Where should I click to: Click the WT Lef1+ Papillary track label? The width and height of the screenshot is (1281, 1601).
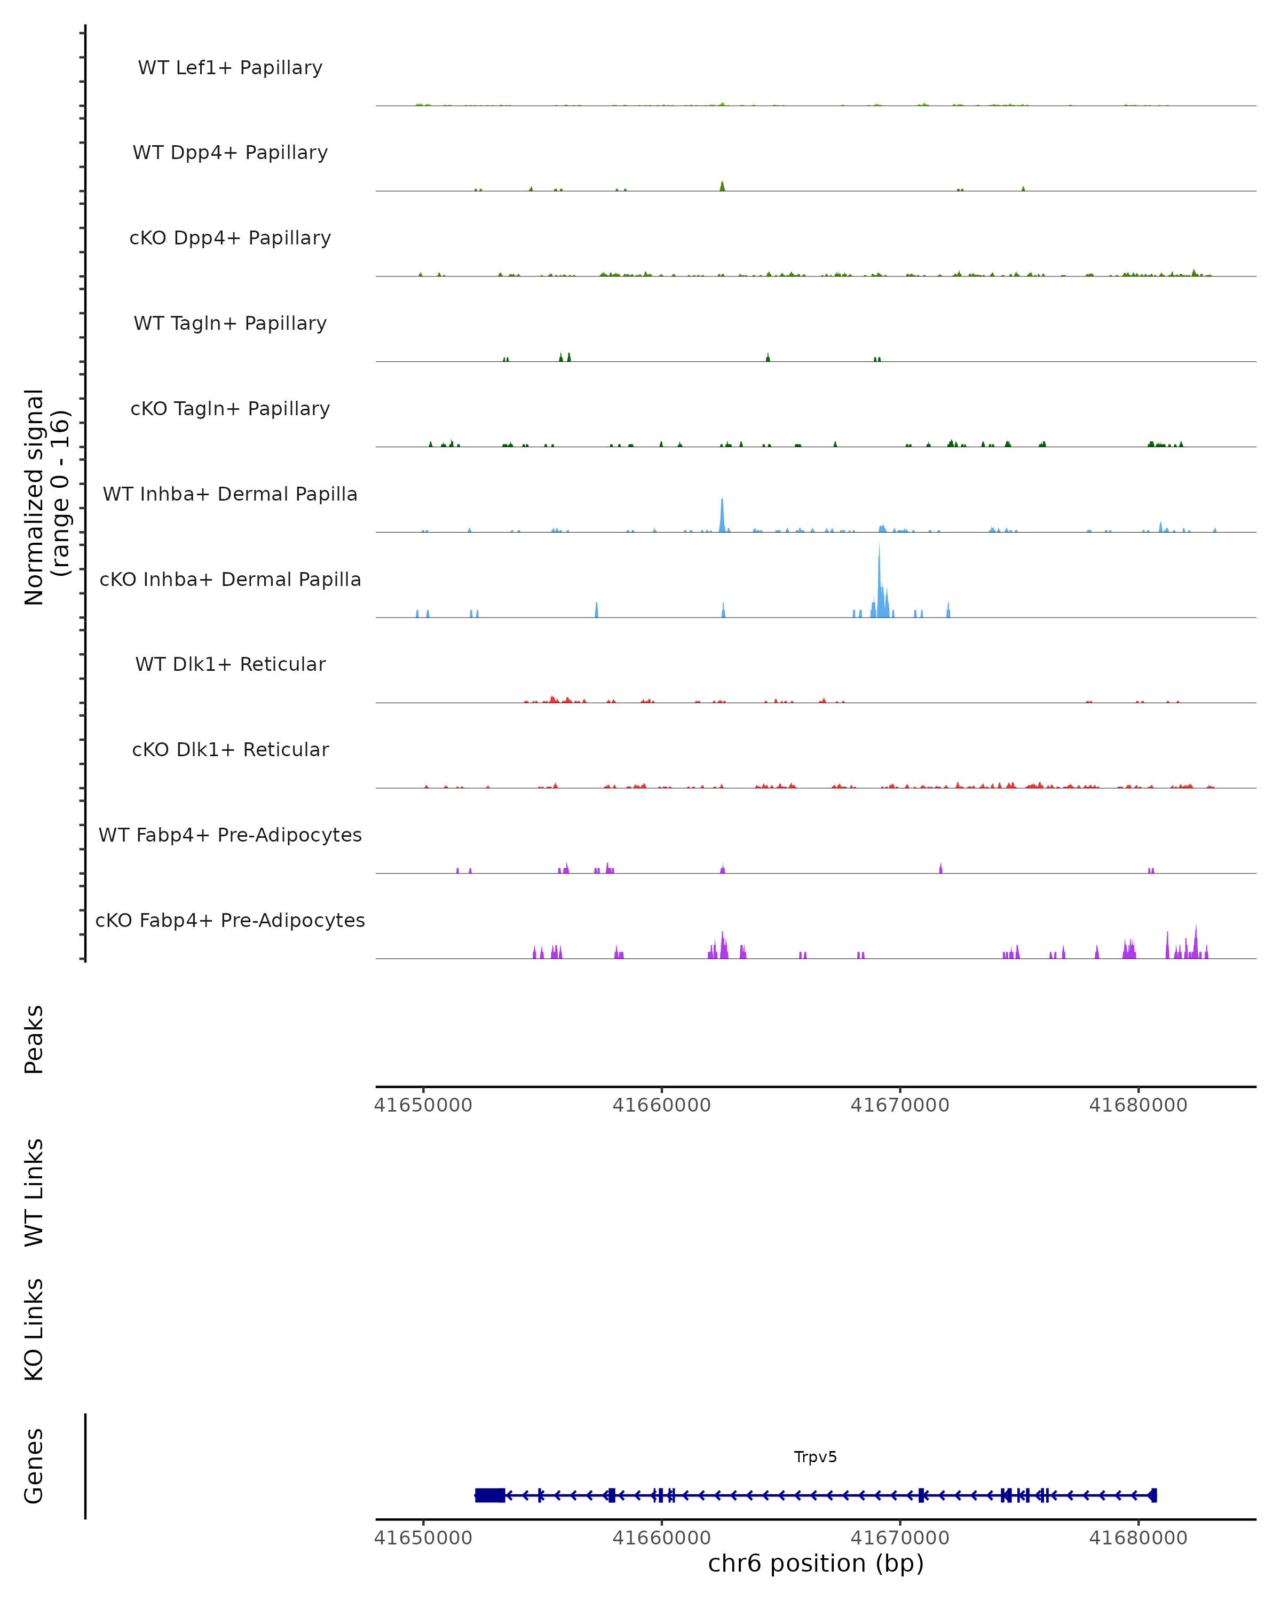pos(230,68)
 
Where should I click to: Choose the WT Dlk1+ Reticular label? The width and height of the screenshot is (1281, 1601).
pos(230,664)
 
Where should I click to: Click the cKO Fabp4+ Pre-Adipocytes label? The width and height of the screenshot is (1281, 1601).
pos(230,920)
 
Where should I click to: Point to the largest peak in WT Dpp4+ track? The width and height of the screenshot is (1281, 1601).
pos(722,186)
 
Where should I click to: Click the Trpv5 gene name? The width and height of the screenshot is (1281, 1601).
pos(816,1457)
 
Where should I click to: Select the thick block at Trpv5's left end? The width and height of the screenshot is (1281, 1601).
pos(490,1495)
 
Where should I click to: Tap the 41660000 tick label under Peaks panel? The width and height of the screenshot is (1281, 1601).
pos(661,1105)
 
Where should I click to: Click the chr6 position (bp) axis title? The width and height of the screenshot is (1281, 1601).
pos(816,1564)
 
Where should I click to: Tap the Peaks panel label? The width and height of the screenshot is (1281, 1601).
pos(34,1039)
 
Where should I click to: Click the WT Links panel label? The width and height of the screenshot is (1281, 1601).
pos(34,1192)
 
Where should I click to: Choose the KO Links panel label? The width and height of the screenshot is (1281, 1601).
pos(34,1329)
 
